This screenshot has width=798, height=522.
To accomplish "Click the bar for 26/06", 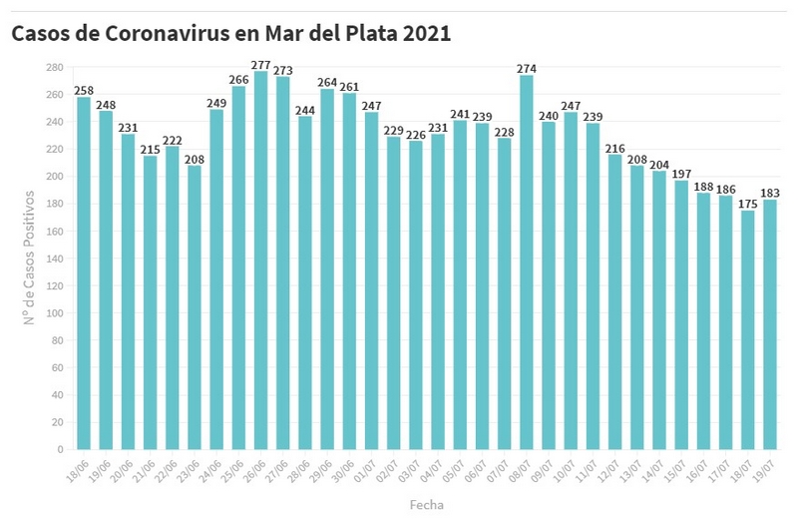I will tap(260, 260).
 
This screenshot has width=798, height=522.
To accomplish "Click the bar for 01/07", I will tap(371, 280).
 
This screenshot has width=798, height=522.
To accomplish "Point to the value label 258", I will tap(84, 90).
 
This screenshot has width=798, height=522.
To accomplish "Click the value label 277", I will tap(260, 64).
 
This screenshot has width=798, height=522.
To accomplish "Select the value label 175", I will tap(748, 204).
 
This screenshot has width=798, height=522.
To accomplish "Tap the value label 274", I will tap(527, 68).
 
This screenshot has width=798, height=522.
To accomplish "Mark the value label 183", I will tap(770, 193).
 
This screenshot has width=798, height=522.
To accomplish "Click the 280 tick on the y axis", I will tap(55, 67).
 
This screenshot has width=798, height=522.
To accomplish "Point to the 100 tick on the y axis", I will tap(55, 312).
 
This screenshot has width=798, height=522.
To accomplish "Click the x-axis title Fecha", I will tap(426, 505).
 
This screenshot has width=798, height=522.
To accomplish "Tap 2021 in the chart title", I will tap(427, 34).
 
